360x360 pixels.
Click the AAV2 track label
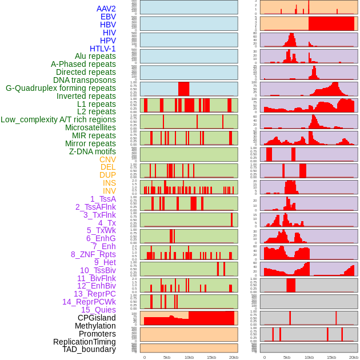coord(106,9)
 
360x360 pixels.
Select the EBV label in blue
coord(108,17)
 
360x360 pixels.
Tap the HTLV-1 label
coord(102,49)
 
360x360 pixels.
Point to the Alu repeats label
coord(95,56)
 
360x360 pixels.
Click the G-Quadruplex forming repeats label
coord(61,88)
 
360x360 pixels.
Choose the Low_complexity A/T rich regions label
coord(58,119)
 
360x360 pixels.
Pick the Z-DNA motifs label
coord(92,151)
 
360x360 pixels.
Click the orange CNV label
coord(107,159)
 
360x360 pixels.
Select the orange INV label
coord(109,191)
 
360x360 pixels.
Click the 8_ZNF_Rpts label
coord(93,254)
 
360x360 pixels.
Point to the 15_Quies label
coord(98,310)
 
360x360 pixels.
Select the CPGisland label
coord(97,318)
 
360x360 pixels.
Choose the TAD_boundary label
coord(89,349)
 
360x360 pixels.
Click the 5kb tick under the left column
coord(167,357)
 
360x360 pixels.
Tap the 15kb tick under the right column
coord(331,357)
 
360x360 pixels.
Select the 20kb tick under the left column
coord(234,357)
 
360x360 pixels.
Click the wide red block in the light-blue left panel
coord(183,89)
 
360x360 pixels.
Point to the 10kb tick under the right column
coord(309,357)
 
